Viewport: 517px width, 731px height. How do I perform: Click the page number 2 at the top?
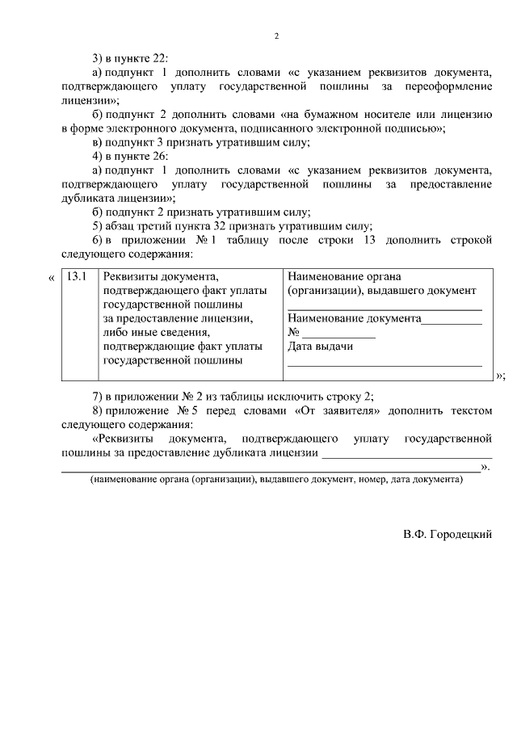(276, 36)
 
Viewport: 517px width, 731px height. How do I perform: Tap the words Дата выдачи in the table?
(320, 347)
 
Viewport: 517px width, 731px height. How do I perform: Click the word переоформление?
(448, 86)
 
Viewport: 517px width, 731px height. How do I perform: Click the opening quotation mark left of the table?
(52, 278)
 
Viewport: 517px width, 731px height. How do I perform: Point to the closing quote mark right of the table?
(500, 376)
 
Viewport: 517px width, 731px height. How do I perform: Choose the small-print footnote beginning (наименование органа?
(275, 479)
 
